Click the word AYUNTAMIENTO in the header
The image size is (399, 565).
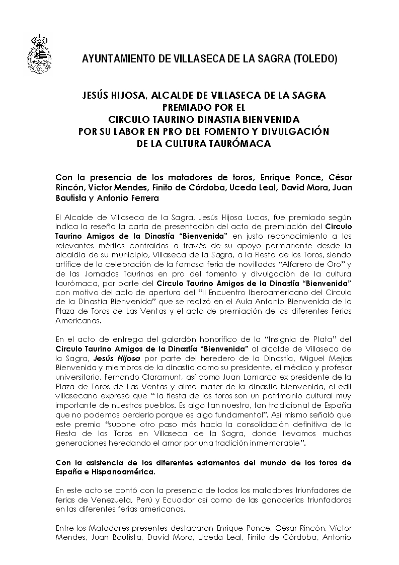pyautogui.click(x=117, y=59)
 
